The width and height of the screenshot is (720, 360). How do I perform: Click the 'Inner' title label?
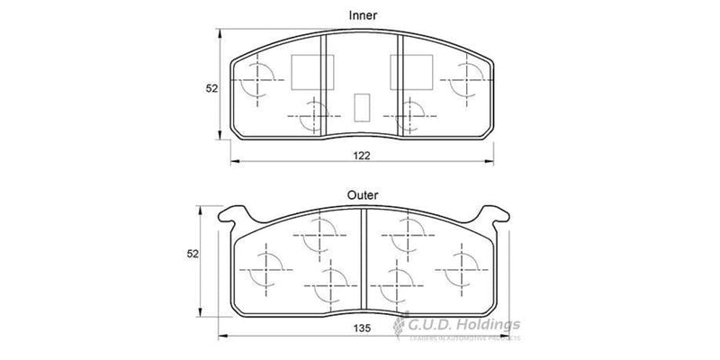(362, 15)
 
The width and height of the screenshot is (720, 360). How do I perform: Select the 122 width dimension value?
(362, 155)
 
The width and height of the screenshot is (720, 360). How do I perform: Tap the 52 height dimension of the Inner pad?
(212, 88)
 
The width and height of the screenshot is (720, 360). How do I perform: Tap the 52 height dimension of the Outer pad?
(203, 255)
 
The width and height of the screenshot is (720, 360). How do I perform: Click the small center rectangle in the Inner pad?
(362, 106)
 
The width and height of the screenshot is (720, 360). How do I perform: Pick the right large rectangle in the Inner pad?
(409, 67)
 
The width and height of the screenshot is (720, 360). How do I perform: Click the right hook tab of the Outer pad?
(492, 214)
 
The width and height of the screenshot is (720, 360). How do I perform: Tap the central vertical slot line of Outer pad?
(363, 261)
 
